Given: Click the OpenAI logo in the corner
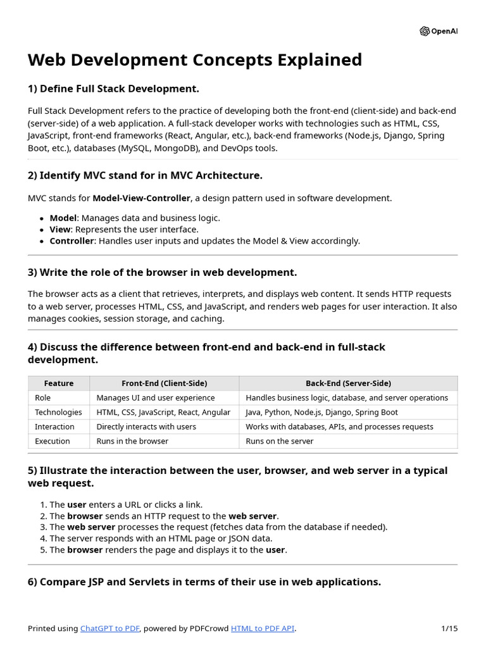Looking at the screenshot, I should [x=438, y=32].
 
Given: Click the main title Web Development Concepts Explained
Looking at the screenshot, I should [x=195, y=59].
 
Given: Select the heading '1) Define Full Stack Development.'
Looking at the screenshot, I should [x=113, y=89].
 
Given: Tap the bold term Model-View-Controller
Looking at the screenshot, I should [x=141, y=198].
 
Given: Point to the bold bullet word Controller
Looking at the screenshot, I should [x=72, y=240].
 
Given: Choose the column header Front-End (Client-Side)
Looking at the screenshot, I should [x=164, y=383].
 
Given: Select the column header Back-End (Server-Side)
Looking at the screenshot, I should [x=348, y=383].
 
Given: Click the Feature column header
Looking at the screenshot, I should [x=59, y=383].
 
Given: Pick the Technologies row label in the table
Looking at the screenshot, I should [x=58, y=412].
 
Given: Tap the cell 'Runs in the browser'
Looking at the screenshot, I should [x=132, y=441].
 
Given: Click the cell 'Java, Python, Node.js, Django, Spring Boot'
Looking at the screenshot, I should [x=321, y=412].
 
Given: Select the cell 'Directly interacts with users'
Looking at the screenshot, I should [x=147, y=427].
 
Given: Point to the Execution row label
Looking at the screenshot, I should [x=53, y=441].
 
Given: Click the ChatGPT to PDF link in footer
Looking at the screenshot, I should [x=110, y=628].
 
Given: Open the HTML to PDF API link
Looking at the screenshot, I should [x=263, y=628].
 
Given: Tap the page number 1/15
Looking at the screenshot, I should [x=449, y=628].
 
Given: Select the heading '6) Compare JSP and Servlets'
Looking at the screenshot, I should [x=204, y=582].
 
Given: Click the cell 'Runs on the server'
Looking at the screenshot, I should [x=279, y=441].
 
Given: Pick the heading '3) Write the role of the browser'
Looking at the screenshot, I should [x=162, y=273].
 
